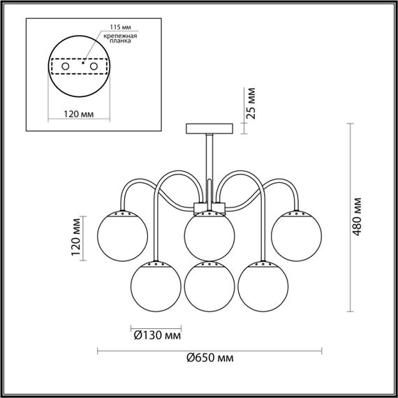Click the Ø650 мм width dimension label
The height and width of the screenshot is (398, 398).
coord(210,357)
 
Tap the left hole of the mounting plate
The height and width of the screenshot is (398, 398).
coord(66,65)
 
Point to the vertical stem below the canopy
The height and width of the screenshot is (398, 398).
coord(209,168)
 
